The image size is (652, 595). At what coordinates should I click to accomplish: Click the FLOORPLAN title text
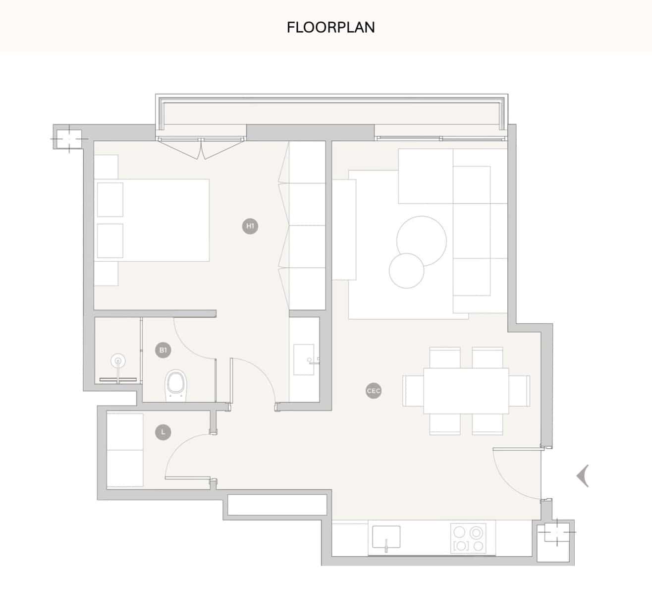coord(330,27)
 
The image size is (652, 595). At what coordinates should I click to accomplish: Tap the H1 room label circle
coord(250,227)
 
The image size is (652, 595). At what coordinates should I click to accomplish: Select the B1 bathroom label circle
coord(163,351)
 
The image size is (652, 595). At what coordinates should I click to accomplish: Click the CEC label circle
coord(374,391)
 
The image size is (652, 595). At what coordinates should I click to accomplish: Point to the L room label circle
coord(163,432)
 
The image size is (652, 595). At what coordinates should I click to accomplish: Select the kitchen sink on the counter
coord(386,537)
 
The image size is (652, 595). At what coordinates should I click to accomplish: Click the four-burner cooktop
coord(468,539)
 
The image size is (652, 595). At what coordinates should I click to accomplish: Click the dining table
coord(466,391)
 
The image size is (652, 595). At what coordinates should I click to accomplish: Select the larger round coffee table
coord(421,241)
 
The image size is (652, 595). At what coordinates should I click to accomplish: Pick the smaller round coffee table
coord(406,271)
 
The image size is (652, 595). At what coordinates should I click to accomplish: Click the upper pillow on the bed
coord(110,199)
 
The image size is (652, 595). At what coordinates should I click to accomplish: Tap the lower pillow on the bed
coord(110,240)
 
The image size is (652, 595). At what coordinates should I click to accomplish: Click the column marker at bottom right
coord(556,532)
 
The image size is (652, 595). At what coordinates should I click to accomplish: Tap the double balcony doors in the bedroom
coord(201,148)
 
